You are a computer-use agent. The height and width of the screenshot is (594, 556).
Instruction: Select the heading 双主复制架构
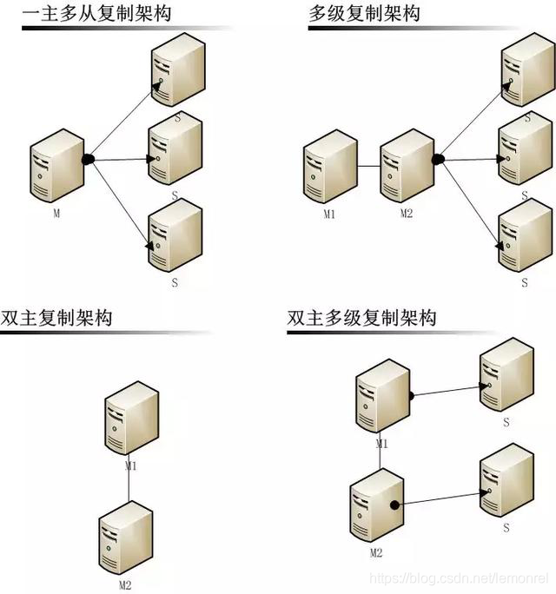click(57, 318)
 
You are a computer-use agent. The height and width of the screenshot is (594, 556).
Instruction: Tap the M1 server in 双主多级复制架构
click(383, 399)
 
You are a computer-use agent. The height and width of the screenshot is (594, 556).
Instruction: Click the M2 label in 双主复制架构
click(126, 584)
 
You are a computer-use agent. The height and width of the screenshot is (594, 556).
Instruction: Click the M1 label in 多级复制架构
click(328, 214)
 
